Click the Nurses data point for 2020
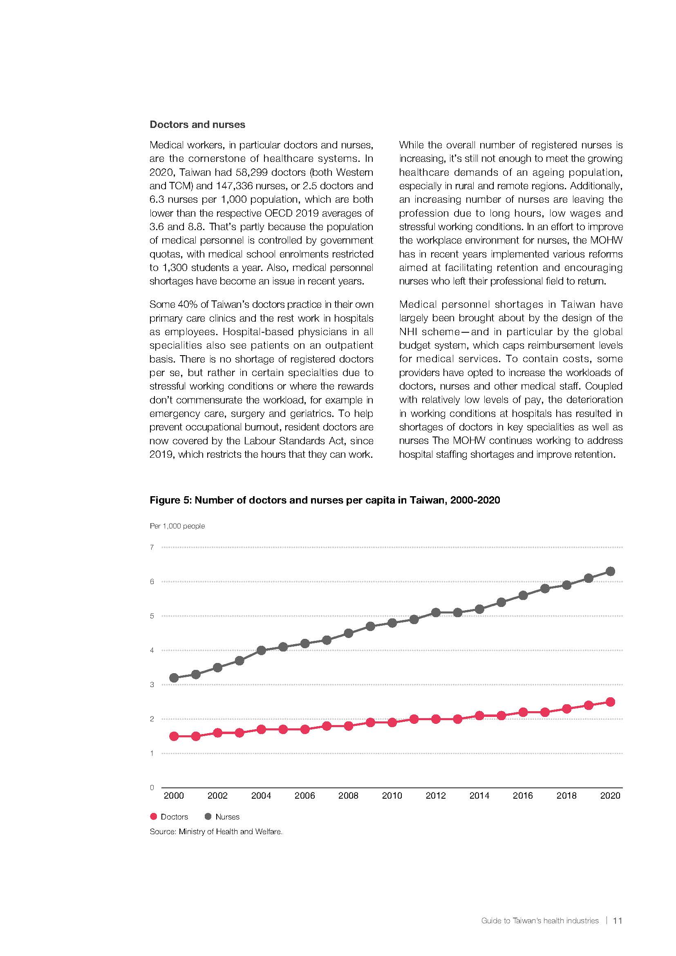(610, 571)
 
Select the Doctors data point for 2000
(174, 736)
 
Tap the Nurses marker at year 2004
(262, 650)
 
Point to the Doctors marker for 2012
(436, 719)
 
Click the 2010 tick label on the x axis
(392, 795)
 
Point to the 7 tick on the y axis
(152, 547)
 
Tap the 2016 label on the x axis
(523, 795)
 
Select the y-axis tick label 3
(152, 685)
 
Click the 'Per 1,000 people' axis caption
(177, 526)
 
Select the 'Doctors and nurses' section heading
(197, 125)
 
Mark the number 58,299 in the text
(251, 172)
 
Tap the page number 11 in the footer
(618, 920)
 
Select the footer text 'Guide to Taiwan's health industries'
(539, 920)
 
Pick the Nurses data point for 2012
(436, 613)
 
